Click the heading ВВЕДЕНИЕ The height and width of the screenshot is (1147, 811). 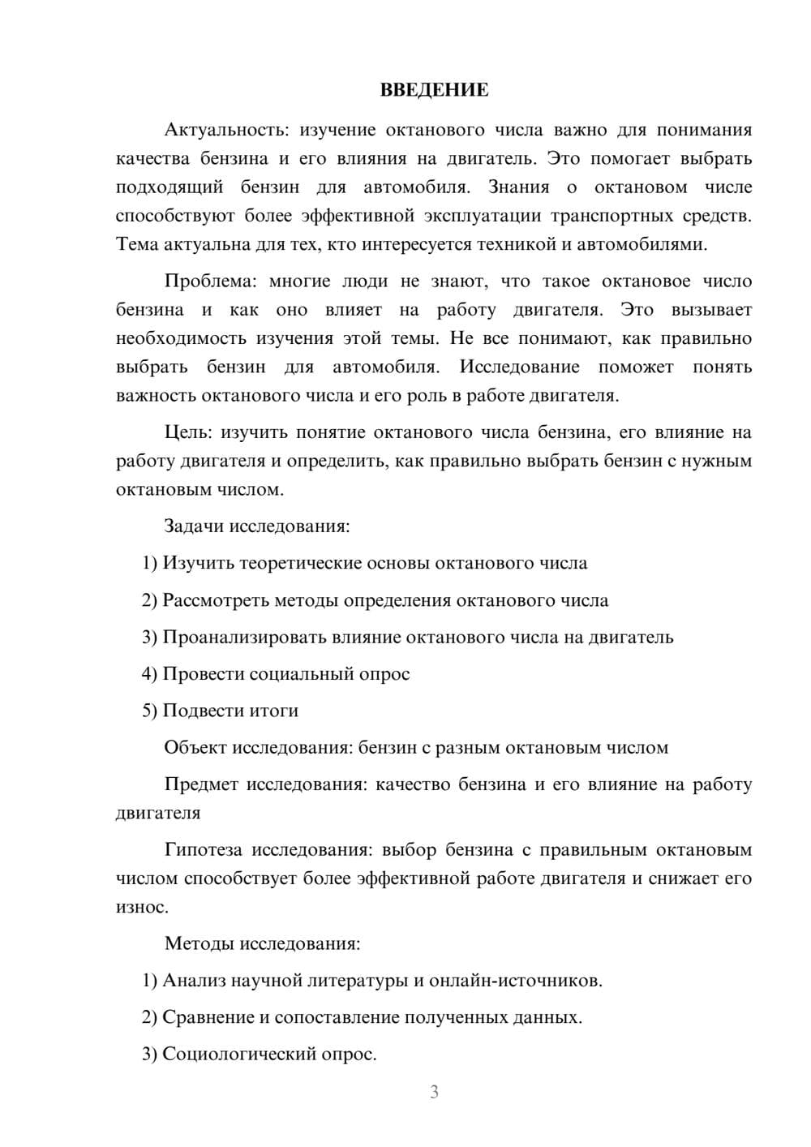tap(434, 90)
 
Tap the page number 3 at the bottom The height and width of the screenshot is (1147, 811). tap(434, 1092)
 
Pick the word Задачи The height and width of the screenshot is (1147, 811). tap(194, 526)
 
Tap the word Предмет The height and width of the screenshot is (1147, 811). tap(201, 784)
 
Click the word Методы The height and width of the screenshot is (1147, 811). tap(196, 943)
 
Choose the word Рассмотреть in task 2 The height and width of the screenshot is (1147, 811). tap(216, 600)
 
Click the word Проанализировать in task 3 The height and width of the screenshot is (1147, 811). tap(244, 637)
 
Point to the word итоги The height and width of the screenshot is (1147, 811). tap(272, 711)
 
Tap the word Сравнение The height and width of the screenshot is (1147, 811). tap(208, 1017)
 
